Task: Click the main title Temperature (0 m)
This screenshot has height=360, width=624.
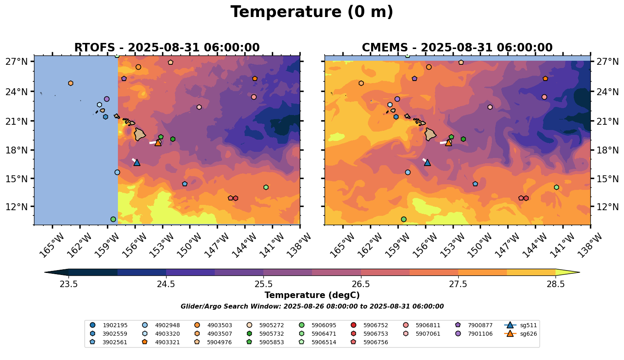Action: (312, 12)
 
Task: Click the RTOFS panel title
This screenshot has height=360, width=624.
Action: (167, 48)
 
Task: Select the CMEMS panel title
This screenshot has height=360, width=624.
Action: (457, 48)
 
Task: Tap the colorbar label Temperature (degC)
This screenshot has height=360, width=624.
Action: (312, 295)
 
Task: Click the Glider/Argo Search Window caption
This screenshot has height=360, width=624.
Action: (312, 307)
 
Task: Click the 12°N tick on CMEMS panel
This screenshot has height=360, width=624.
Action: (606, 207)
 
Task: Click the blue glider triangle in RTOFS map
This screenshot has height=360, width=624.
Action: (137, 162)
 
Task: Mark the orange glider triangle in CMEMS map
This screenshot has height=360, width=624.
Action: (449, 143)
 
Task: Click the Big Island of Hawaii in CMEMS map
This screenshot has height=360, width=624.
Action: (430, 134)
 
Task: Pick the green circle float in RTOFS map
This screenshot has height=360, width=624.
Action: (113, 219)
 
